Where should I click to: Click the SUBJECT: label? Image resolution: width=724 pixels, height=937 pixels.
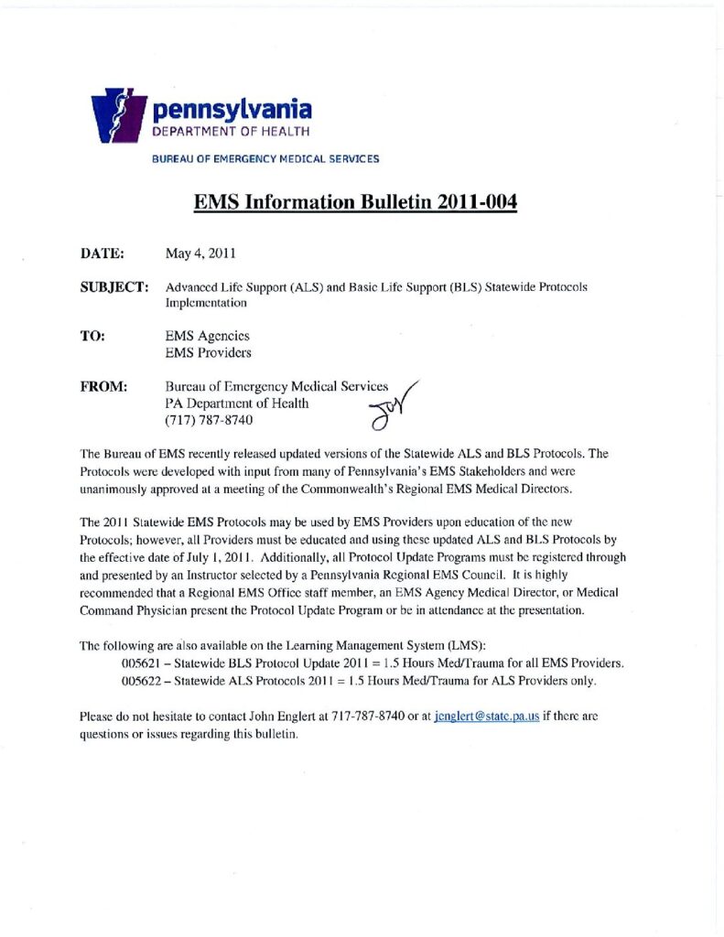tap(114, 286)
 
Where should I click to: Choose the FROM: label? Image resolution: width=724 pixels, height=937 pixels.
tap(103, 387)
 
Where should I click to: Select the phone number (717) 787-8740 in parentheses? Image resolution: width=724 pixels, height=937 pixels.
tap(208, 421)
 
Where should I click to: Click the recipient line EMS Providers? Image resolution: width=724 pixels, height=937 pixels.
tap(208, 352)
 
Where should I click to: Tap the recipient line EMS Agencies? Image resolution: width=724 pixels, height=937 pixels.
tap(207, 336)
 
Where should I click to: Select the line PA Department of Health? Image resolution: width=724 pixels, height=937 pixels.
tap(237, 404)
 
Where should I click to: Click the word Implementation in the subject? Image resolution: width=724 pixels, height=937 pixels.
tap(206, 302)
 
